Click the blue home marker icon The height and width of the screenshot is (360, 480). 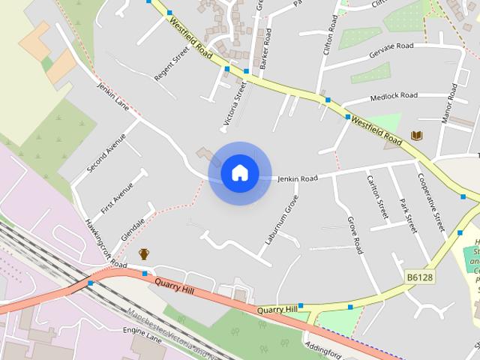[x=239, y=172]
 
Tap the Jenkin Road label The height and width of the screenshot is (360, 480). [x=298, y=178]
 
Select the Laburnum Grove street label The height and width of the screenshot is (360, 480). [x=282, y=220]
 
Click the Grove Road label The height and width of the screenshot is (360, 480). [x=355, y=235]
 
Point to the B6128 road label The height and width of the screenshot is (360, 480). [x=421, y=277]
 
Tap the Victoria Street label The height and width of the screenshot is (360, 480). [x=234, y=104]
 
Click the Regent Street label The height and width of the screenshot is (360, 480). [x=171, y=64]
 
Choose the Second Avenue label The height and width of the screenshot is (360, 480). [x=106, y=153]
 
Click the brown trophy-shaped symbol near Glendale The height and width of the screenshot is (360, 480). [x=144, y=254]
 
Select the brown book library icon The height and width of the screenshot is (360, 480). [x=417, y=136]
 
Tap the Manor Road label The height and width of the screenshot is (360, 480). [x=449, y=104]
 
